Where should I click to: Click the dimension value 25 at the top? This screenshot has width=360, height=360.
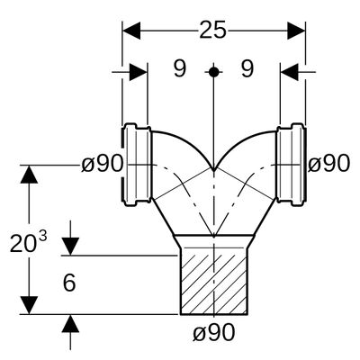point(212,31)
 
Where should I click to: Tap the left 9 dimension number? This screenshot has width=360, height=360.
point(180,68)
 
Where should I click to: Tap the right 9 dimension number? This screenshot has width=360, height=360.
point(247,68)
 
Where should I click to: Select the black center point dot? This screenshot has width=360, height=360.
point(213,72)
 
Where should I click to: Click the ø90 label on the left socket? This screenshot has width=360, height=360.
point(103,165)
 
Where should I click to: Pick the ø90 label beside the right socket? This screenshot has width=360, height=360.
point(329,165)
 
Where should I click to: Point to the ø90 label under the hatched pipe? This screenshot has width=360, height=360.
point(213,332)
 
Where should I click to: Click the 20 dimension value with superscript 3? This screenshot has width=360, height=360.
point(29,242)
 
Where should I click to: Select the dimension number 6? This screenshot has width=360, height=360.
point(69,283)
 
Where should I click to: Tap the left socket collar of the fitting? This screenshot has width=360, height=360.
point(137,165)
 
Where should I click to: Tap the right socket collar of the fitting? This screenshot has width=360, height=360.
point(291,165)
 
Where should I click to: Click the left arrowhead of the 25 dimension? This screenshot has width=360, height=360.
point(131,31)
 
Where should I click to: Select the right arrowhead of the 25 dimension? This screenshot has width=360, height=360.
point(296,31)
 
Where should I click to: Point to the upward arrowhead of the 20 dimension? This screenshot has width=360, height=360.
point(29,174)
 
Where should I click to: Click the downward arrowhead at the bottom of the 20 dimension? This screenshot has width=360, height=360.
point(29,305)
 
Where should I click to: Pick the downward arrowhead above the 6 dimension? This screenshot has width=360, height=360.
point(70,247)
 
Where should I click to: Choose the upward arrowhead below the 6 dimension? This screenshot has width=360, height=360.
point(70,323)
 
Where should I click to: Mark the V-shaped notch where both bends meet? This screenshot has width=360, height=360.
point(213,170)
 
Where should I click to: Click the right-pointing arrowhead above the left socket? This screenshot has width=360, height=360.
point(139,72)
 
